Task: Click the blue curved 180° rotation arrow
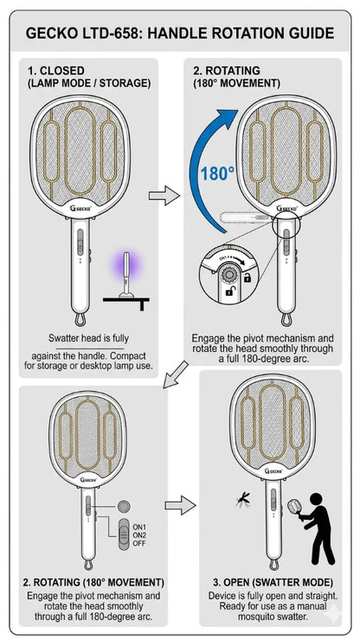pos(196,171)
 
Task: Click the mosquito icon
pos(242,499)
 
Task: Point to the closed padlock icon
pos(247,278)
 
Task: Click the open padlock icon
pos(230,291)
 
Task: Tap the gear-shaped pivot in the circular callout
pos(228,275)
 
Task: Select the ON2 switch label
pos(139,535)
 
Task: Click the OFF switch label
pos(139,544)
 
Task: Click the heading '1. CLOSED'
pos(56,71)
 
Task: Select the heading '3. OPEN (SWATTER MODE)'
pos(273,582)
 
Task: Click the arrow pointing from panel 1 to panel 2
pos(164,196)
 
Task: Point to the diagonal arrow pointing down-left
pos(175,374)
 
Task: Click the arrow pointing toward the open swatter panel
pos(180,506)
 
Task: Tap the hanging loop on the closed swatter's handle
pos(80,319)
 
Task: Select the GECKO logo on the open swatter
pos(273,471)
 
